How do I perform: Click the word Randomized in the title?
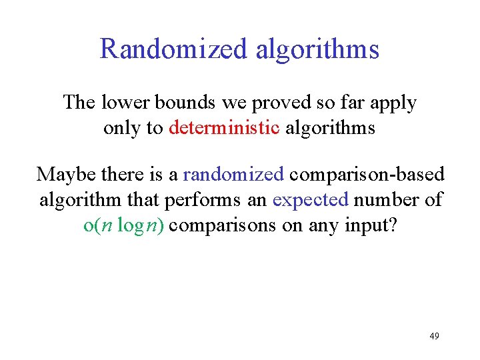[x=171, y=49]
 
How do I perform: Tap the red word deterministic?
[x=224, y=127]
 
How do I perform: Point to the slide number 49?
[x=434, y=336]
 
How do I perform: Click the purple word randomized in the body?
[x=233, y=175]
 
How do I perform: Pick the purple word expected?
[x=311, y=200]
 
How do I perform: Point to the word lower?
[x=126, y=103]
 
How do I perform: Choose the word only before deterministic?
[x=122, y=128]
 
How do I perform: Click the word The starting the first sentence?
[x=79, y=103]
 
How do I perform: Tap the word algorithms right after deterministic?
[x=330, y=128]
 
